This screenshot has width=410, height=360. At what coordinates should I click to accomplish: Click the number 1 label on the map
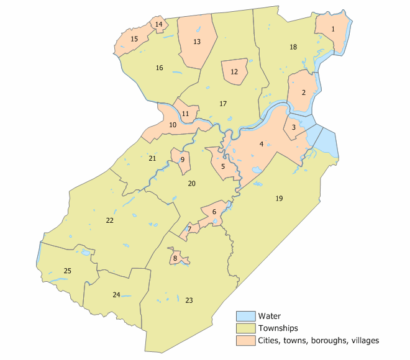click(x=334, y=29)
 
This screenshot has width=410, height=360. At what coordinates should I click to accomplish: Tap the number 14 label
click(x=159, y=24)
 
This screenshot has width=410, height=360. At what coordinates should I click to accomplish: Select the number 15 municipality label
click(x=134, y=39)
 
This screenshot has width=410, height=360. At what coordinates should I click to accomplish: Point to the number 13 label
click(x=197, y=42)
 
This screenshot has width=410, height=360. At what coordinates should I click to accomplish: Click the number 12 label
click(x=234, y=72)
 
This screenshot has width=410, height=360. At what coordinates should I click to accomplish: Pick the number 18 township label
click(x=293, y=47)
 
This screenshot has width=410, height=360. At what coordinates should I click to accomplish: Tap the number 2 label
click(x=304, y=92)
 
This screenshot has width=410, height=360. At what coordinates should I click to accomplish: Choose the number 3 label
click(x=293, y=127)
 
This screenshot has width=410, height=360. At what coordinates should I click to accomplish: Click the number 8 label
click(x=176, y=258)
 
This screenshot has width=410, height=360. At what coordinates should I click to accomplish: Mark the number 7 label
click(x=189, y=230)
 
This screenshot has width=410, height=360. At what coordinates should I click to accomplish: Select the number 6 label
click(x=214, y=212)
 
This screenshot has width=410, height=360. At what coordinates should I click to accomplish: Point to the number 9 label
click(x=183, y=160)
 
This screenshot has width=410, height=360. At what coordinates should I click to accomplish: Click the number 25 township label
click(x=68, y=271)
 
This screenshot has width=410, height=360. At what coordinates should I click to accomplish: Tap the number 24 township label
click(x=116, y=294)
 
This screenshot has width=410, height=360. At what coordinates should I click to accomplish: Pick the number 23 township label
click(x=189, y=300)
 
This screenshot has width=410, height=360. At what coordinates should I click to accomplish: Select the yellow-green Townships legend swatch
click(x=245, y=328)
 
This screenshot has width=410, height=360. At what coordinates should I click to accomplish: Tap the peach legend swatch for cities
click(x=245, y=340)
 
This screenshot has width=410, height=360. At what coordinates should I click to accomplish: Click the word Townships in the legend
click(x=278, y=328)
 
